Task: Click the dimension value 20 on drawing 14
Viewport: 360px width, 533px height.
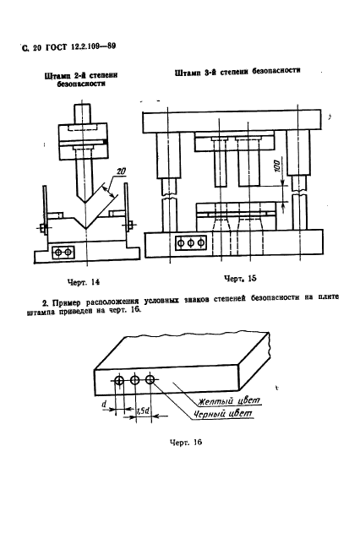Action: click(x=121, y=171)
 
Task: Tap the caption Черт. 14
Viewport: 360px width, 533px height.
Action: click(x=84, y=282)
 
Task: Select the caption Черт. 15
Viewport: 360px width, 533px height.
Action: click(x=240, y=279)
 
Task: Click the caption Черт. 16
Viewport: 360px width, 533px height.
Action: click(x=186, y=443)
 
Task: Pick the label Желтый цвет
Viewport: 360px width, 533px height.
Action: click(x=230, y=400)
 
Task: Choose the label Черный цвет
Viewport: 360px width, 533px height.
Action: click(x=223, y=414)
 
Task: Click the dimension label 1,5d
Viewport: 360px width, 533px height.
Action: click(x=144, y=411)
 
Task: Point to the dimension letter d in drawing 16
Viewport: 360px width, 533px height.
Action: click(x=105, y=404)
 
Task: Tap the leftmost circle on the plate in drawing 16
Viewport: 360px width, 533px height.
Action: click(x=119, y=381)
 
